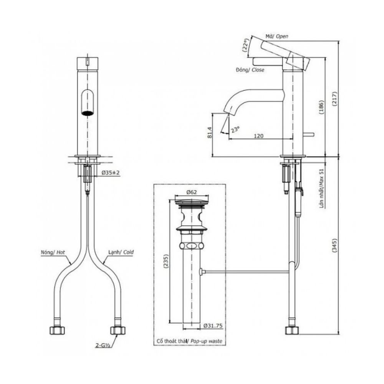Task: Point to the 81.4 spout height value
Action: [209, 134]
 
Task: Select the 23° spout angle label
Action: [236, 129]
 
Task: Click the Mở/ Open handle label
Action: [276, 36]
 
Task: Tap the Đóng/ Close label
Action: [250, 70]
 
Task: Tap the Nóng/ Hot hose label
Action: [53, 253]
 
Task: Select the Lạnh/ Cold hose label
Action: [120, 253]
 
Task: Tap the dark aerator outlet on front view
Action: [88, 113]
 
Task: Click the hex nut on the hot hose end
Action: [57, 330]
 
